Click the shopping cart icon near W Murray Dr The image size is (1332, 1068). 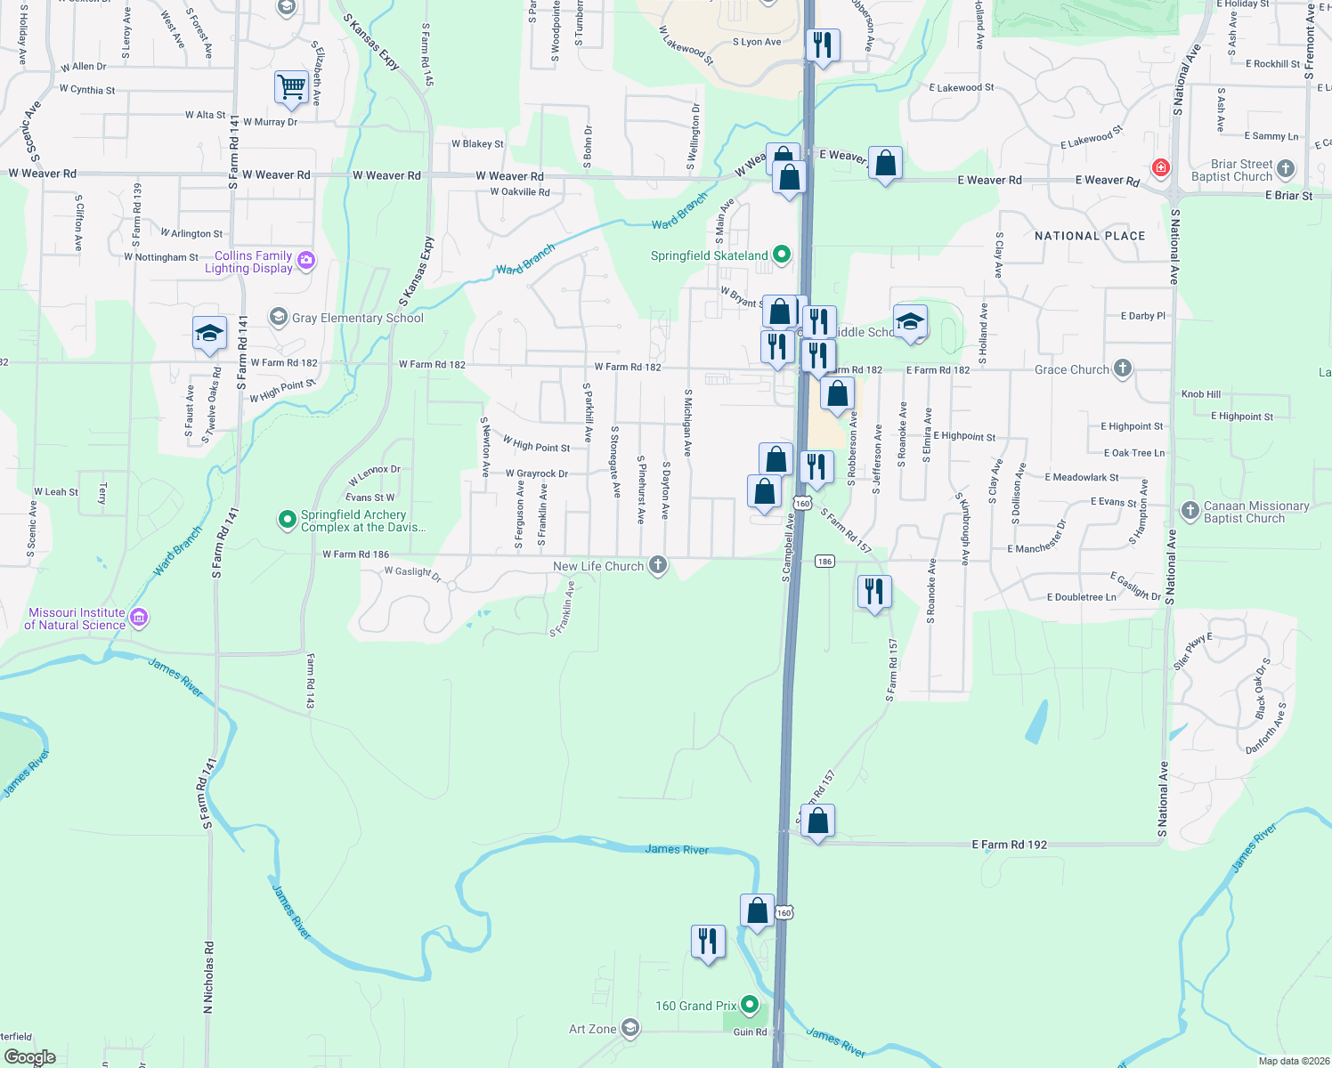[291, 88]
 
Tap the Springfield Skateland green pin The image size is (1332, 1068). [782, 255]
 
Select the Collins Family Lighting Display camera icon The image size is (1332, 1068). [306, 260]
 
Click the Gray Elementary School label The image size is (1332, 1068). [357, 318]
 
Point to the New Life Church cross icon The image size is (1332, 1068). [658, 565]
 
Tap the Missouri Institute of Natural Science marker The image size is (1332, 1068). [138, 618]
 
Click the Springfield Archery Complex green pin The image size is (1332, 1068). [287, 520]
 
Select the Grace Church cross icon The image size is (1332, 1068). [1123, 368]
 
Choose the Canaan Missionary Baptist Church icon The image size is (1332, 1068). [1190, 511]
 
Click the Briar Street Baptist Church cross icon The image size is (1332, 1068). [1285, 168]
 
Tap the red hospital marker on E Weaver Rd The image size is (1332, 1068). [1160, 167]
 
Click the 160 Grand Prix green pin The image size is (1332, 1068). [750, 1006]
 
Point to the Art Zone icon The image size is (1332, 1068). [629, 1029]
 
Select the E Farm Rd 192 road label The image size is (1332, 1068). [1009, 845]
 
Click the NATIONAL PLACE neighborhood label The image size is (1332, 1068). [1090, 236]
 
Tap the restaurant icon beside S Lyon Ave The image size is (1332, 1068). [823, 44]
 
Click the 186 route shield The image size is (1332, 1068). [824, 561]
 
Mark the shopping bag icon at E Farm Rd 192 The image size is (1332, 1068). [817, 821]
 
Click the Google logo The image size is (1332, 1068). [30, 1057]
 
